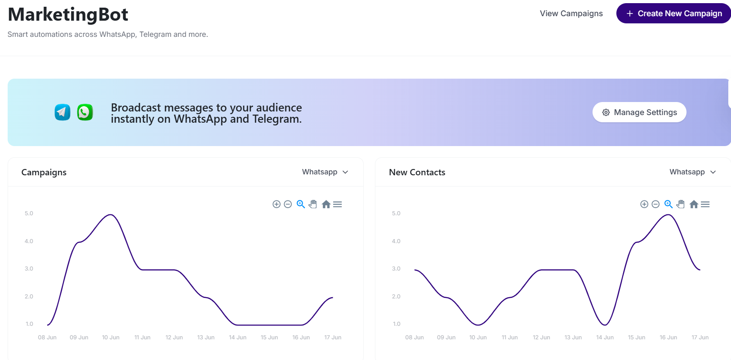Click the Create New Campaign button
coord(673,13)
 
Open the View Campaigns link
coord(571,13)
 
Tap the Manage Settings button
coord(639,112)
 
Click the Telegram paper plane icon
coord(62,112)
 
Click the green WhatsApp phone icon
coord(85,112)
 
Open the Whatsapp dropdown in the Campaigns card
coord(325,172)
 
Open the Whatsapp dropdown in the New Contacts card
coord(692,172)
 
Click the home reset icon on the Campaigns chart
coord(326,204)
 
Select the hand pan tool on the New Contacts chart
coord(681,204)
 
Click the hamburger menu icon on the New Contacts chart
coord(705,204)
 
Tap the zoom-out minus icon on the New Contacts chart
coord(655,204)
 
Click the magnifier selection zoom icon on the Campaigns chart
coord(301,204)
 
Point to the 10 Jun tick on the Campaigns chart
coord(111,338)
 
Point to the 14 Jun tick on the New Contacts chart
coord(605,338)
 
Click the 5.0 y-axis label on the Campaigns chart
coord(29,213)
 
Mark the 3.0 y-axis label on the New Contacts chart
coord(396,269)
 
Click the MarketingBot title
coord(68,14)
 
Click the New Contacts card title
coord(417,173)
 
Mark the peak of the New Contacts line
coord(669,215)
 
